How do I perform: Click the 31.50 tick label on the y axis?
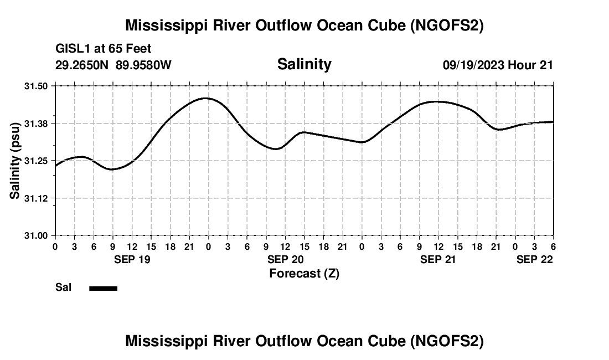click(37, 86)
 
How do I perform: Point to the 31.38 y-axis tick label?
click(37, 123)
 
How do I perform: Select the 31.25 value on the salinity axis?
click(37, 161)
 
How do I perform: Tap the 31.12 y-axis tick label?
click(37, 198)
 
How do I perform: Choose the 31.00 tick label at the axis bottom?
click(37, 235)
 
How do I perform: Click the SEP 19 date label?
click(132, 259)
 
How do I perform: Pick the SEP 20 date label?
click(286, 259)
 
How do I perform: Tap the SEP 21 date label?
click(438, 259)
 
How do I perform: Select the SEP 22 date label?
click(534, 259)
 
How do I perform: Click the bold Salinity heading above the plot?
click(304, 64)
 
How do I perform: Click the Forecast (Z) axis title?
click(304, 273)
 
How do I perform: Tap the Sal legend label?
click(63, 287)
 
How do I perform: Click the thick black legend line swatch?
click(103, 288)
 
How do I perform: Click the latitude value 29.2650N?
click(83, 65)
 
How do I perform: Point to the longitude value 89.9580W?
click(144, 65)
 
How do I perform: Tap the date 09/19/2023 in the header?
click(473, 65)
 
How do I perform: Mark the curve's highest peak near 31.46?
click(206, 98)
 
